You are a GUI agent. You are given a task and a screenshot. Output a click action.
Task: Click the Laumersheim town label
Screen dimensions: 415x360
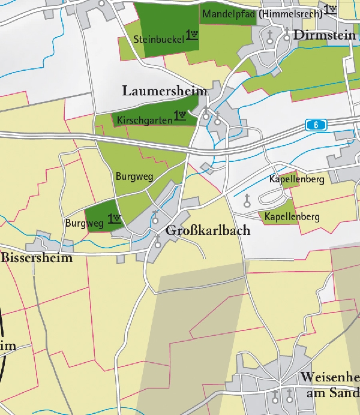point(164,91)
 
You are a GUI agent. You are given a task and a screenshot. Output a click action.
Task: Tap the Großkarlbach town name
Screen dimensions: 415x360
point(208,231)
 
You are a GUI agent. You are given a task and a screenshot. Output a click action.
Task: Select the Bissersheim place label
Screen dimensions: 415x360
point(37,258)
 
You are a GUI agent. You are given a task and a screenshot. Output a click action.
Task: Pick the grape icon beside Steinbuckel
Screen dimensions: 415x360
point(192,35)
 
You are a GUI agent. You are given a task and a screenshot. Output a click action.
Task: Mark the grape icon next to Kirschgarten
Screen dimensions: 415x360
point(180,115)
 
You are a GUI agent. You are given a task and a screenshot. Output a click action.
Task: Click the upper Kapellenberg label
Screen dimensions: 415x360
point(296,179)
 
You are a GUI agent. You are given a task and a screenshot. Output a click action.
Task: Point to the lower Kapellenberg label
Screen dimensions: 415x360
point(292,216)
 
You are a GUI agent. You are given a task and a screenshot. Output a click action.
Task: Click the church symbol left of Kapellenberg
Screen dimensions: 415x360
point(246,204)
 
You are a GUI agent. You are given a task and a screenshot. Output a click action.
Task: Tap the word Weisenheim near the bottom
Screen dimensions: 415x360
point(330,378)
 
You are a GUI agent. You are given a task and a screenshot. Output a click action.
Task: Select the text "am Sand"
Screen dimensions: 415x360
point(332,393)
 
